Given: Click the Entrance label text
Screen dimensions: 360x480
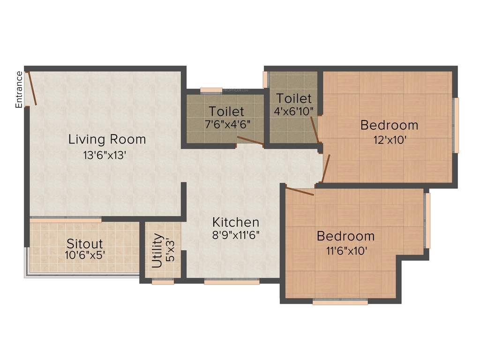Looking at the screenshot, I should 19,90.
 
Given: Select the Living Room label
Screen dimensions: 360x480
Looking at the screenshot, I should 107,139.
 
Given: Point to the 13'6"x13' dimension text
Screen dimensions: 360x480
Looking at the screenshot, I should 105,156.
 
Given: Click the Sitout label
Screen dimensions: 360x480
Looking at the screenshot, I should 84,244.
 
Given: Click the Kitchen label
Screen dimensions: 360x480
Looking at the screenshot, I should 235,222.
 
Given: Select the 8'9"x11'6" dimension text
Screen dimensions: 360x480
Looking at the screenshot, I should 236,234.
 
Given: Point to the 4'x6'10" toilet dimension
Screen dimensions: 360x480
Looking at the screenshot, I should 294,111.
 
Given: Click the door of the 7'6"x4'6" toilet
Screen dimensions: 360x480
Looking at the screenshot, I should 250,141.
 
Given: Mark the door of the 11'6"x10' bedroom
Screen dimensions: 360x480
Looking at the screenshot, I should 300,191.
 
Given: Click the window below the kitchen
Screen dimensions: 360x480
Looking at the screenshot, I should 232,282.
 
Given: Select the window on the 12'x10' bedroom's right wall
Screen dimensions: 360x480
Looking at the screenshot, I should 456,125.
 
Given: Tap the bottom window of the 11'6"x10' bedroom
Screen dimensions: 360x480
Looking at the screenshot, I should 340,302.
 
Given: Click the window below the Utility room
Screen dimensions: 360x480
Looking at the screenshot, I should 163,282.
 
